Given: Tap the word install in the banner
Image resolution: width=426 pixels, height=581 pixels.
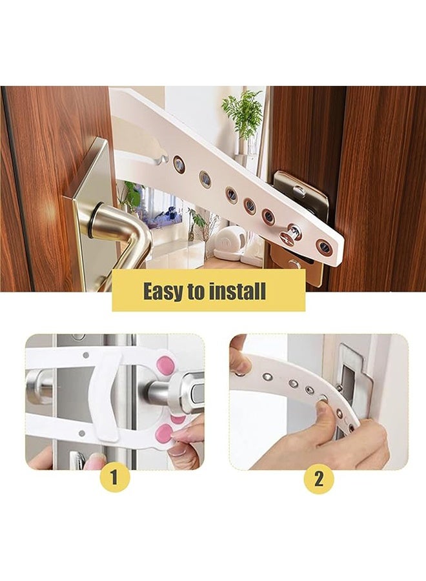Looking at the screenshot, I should (x=237, y=291).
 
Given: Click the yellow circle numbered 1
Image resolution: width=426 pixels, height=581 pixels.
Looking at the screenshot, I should (x=115, y=478).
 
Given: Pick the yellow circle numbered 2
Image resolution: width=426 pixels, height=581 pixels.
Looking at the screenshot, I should (x=318, y=478).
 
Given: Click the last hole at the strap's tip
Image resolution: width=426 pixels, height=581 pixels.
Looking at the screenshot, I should (x=324, y=247).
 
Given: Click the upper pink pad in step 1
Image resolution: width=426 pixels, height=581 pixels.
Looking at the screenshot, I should (x=165, y=366).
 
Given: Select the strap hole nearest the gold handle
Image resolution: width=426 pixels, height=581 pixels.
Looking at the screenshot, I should (x=179, y=165).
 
